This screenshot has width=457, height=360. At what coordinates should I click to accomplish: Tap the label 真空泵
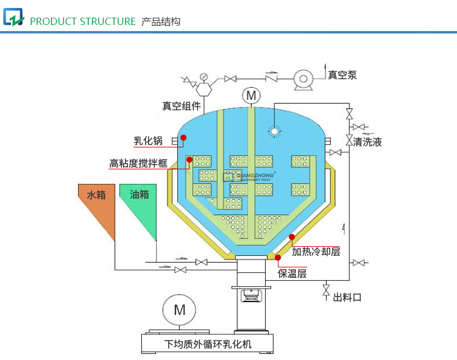point(342,75)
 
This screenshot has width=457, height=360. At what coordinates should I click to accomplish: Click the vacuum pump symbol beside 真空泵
point(302,79)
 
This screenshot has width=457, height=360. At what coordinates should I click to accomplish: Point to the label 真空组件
point(181,105)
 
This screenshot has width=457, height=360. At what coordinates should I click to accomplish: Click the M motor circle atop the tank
point(250,96)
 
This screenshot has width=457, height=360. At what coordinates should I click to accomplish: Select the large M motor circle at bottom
point(179,309)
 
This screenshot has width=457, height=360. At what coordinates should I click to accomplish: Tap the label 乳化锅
point(148,141)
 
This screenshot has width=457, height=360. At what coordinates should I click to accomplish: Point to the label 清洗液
point(367,142)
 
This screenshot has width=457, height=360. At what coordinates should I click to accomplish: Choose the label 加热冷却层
point(316,251)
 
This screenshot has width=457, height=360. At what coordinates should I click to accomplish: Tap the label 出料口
point(347,297)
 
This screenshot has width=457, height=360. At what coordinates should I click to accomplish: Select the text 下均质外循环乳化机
point(208,344)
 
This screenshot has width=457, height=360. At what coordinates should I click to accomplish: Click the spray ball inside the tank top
point(275,131)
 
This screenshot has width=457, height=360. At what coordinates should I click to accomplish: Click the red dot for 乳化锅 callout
point(183,138)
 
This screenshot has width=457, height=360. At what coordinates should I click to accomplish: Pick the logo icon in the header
point(13,18)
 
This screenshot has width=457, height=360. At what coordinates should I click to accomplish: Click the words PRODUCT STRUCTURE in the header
point(83,21)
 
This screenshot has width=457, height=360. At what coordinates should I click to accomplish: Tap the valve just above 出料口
point(326,288)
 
